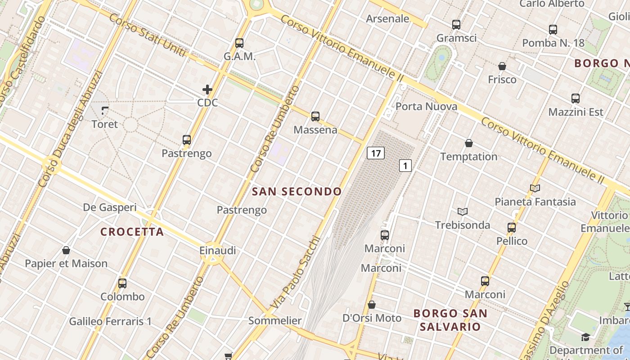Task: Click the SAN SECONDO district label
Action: point(297,192)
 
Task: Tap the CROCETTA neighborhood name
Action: point(132,232)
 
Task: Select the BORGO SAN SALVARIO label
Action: point(450,319)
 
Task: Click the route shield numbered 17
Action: point(376,153)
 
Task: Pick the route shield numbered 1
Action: point(405,166)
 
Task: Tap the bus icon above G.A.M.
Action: point(239,43)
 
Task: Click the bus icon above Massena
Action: point(315,117)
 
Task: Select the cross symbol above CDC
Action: point(207,90)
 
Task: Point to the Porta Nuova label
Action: point(426,107)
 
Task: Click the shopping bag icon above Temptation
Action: point(469,143)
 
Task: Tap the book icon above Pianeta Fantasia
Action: point(535,188)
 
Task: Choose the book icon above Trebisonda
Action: point(463,211)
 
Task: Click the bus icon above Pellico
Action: point(512,227)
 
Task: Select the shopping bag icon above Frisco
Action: point(502,66)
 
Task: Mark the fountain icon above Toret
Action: point(105,110)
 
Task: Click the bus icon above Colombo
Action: point(122,283)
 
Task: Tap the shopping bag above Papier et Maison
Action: point(66,250)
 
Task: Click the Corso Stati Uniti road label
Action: point(147,36)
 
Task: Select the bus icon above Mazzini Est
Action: point(576,98)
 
